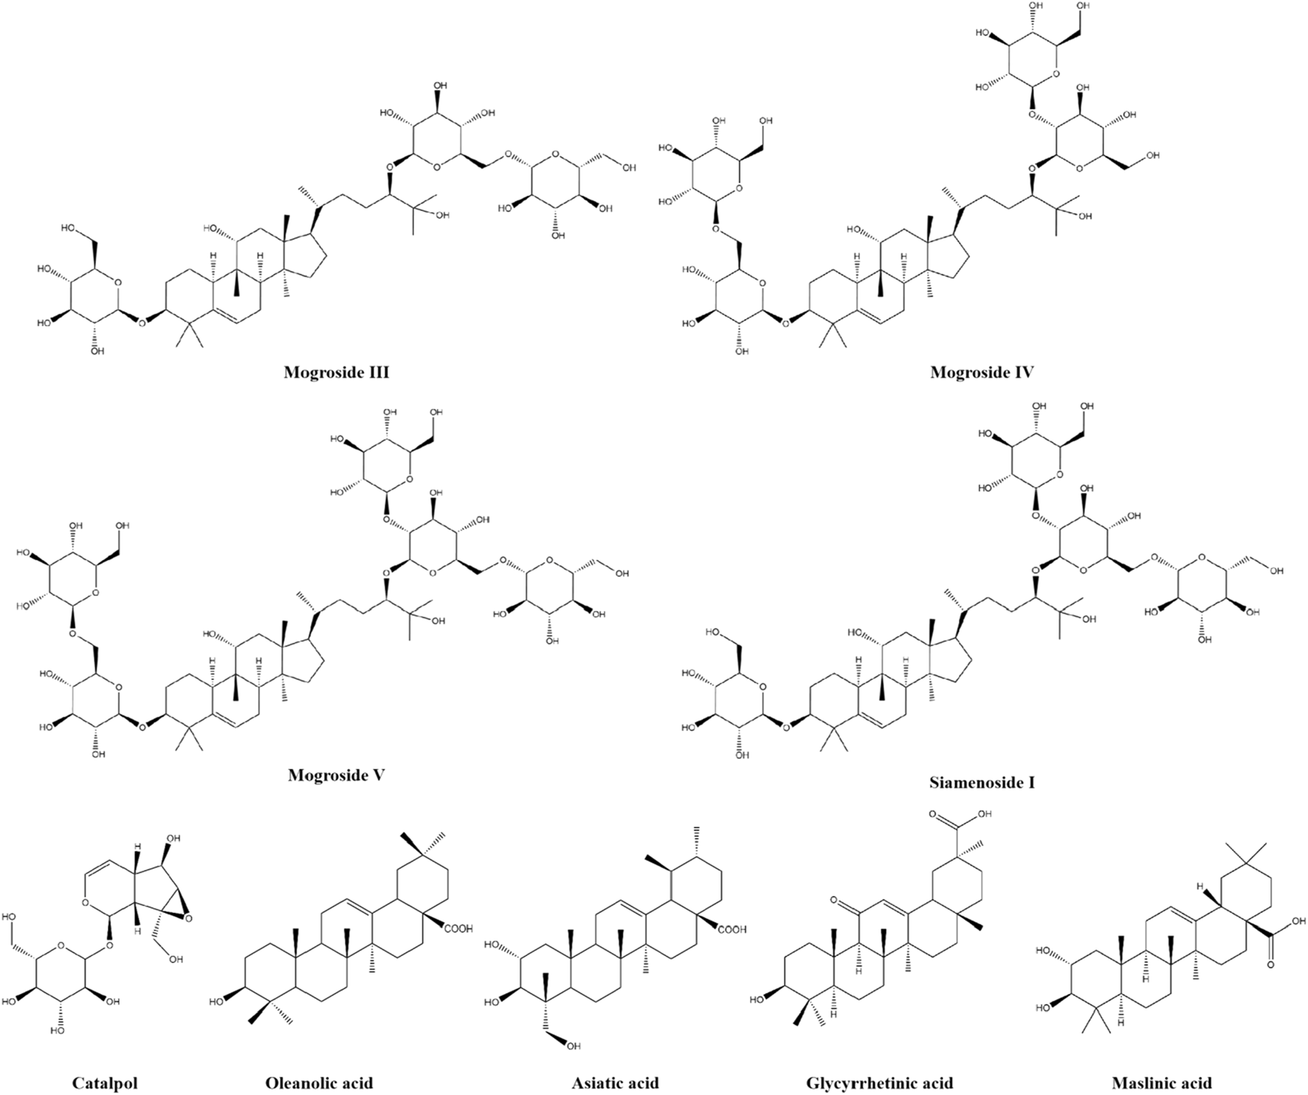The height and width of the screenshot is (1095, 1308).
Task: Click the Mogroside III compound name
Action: click(x=336, y=373)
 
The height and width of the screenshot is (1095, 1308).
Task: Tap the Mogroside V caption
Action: click(x=336, y=776)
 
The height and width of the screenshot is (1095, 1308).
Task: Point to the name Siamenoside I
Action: click(x=982, y=782)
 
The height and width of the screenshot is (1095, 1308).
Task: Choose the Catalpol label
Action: click(x=105, y=1084)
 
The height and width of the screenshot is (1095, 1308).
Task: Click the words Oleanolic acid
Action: click(x=319, y=1084)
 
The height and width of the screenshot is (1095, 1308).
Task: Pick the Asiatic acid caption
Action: click(x=615, y=1084)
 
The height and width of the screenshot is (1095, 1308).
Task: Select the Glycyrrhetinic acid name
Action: click(x=880, y=1084)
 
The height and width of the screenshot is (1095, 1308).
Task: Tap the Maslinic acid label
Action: click(x=1161, y=1084)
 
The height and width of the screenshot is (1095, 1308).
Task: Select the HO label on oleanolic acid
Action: click(x=216, y=1002)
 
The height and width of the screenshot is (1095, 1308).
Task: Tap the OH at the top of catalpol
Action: click(x=173, y=840)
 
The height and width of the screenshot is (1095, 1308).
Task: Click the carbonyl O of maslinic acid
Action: click(x=1271, y=964)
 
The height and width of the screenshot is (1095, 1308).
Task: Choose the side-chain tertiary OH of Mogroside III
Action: click(x=441, y=215)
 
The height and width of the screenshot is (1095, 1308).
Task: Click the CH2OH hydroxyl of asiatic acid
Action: click(x=574, y=1046)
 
